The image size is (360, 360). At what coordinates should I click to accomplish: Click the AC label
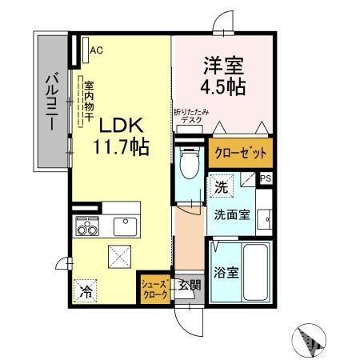pos(96,50)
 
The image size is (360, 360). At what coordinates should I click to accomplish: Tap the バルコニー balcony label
pos(49,102)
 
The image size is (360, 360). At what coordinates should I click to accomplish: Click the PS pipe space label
pos(265,178)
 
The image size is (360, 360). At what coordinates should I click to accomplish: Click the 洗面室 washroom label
pos(232,214)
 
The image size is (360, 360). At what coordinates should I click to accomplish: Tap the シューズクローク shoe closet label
pos(154,289)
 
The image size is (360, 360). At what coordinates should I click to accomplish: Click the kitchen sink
pos(126,226)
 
